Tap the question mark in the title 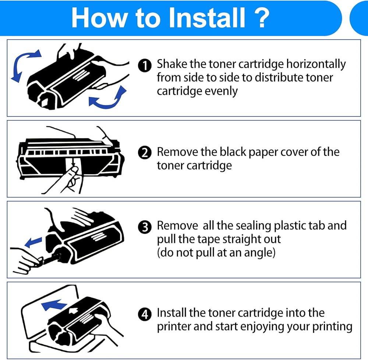[x=262, y=18]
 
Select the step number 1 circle [x=146, y=66]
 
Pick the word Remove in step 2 [x=178, y=152]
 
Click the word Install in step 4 [x=171, y=313]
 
